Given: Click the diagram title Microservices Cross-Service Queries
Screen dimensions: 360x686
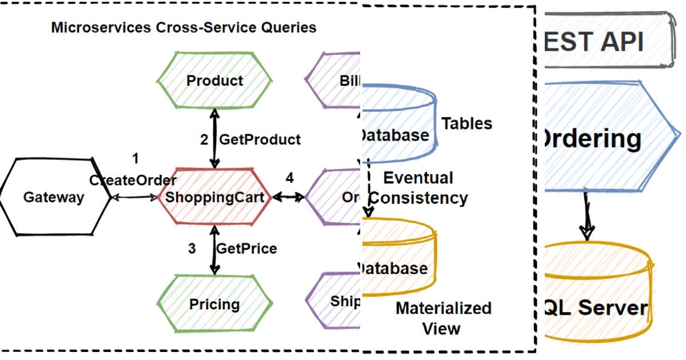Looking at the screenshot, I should pos(184,27).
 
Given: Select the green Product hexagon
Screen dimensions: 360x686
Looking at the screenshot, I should pos(214,81).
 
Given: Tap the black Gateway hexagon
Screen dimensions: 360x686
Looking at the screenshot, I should pos(54,198).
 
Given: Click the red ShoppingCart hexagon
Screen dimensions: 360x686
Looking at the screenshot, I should pos(214,198).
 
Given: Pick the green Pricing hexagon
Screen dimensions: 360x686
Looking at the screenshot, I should pos(214,303).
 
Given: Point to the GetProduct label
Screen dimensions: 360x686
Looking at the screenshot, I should pos(260,139).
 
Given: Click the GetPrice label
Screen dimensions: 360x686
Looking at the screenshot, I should pos(246,249).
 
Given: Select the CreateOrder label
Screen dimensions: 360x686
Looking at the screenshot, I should pos(133,181).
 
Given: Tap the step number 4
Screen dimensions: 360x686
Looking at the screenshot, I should pos(290,178).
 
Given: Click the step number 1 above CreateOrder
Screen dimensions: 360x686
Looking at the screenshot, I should pos(135,158).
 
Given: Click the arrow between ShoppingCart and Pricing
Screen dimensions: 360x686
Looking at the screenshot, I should pos(215,250).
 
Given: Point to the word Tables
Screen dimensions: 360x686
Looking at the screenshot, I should pos(466,123).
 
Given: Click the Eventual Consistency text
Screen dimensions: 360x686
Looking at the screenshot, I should pos(418,188).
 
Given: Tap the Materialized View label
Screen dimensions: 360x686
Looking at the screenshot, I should pos(443,318).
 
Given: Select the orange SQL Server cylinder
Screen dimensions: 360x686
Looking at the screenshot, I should pos(597,297).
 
